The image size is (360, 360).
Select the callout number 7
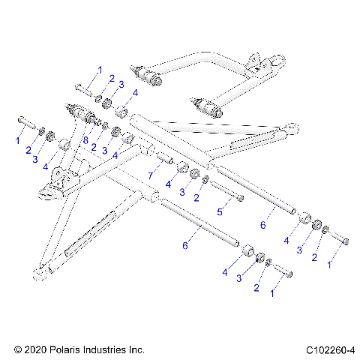pos(151,175)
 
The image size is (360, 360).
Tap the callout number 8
pos(86,139)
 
